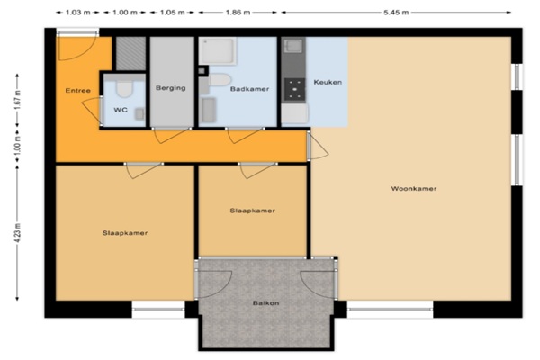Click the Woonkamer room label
414,189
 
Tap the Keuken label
328,82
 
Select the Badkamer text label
249,89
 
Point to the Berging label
170,88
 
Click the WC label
121,110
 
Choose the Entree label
77,91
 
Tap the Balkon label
265,303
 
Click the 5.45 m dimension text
396,13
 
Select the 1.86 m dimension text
238,13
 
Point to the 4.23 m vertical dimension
18,233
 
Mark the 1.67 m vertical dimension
18,100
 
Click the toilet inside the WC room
124,88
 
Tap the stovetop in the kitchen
294,89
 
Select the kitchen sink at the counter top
294,46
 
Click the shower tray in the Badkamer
218,50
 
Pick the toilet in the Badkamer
219,80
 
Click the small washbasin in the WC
139,113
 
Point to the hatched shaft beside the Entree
130,53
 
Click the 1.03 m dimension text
77,13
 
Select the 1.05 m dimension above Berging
172,13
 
